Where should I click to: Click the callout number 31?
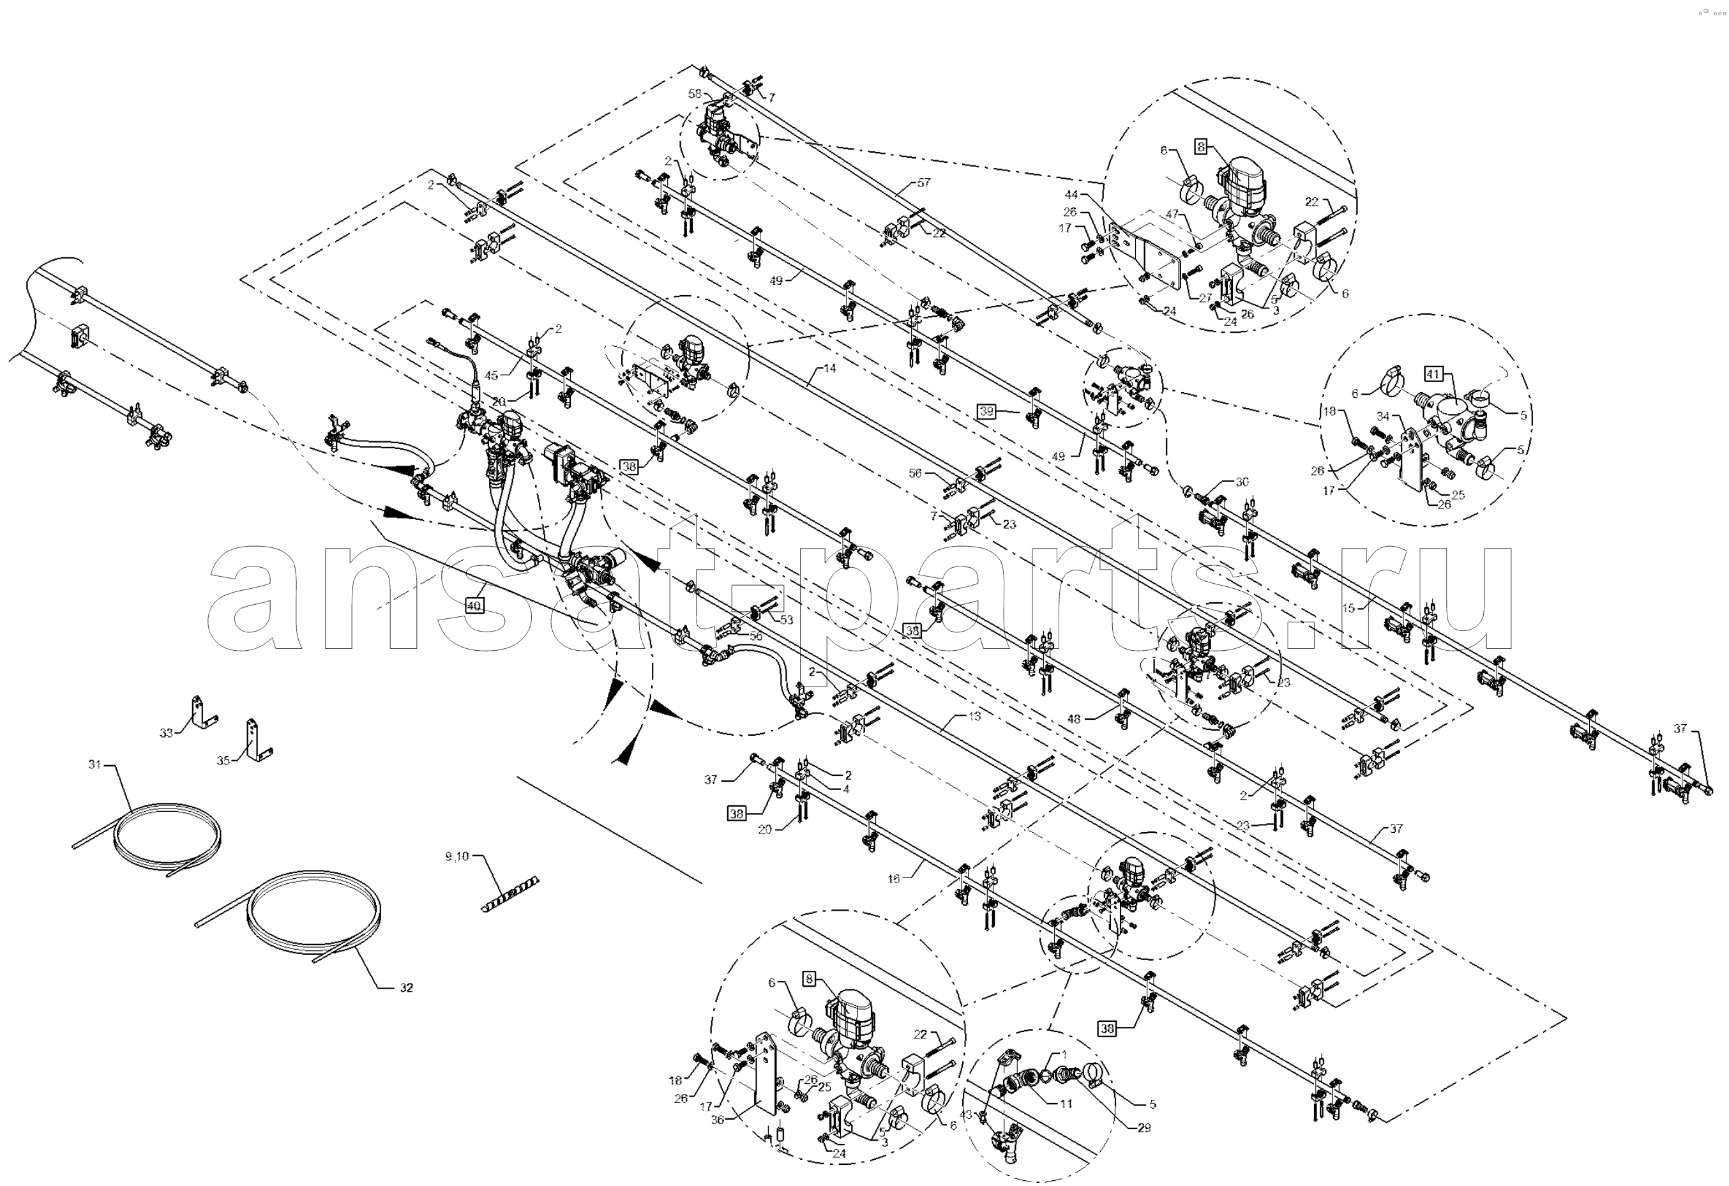click(94, 764)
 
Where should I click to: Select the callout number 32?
click(405, 987)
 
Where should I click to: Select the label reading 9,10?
click(457, 856)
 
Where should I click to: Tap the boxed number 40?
click(474, 605)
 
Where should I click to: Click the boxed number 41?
click(1433, 374)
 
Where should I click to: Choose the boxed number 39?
click(986, 411)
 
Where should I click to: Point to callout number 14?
click(829, 368)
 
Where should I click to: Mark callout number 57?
click(923, 182)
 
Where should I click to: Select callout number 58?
click(694, 94)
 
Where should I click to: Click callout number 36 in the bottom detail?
click(717, 1119)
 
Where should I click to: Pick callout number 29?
click(1144, 1128)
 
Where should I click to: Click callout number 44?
click(1070, 195)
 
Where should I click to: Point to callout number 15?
click(1349, 608)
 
